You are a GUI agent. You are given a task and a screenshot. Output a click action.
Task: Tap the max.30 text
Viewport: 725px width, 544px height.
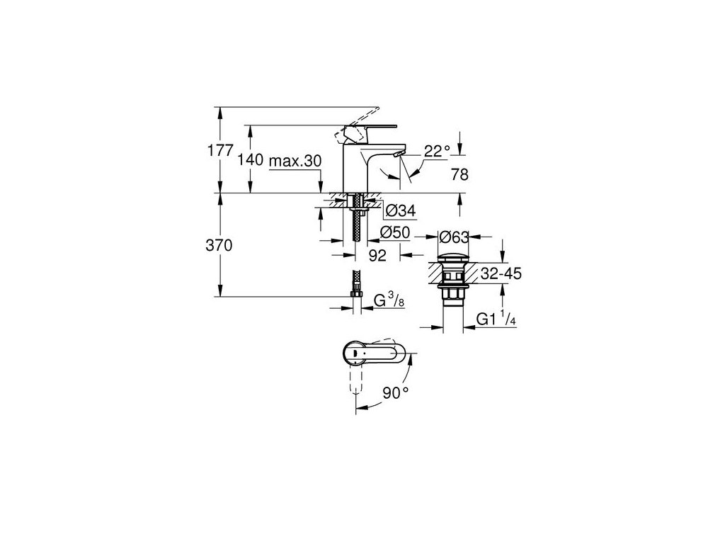pyautogui.click(x=295, y=161)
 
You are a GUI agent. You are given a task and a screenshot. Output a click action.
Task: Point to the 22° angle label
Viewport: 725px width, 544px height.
pyautogui.click(x=437, y=151)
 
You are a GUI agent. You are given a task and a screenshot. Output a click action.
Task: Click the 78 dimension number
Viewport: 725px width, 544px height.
pyautogui.click(x=459, y=174)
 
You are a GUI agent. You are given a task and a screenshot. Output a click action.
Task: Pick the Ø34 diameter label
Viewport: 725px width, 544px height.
pyautogui.click(x=401, y=211)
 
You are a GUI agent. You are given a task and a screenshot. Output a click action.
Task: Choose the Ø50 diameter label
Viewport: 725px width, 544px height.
pyautogui.click(x=395, y=232)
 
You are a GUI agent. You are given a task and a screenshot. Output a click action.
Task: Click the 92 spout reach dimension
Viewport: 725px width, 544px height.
pyautogui.click(x=377, y=255)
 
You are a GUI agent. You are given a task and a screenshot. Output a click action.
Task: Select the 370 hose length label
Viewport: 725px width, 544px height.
pyautogui.click(x=219, y=245)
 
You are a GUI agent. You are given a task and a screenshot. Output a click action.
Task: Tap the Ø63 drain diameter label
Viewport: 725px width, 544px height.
pyautogui.click(x=454, y=237)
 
